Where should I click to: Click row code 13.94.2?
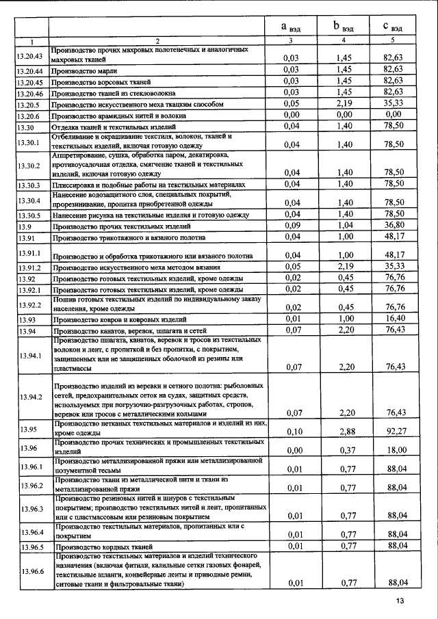click(x=29, y=397)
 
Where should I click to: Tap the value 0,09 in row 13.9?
click(x=292, y=225)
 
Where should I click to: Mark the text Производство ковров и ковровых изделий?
click(x=119, y=320)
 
